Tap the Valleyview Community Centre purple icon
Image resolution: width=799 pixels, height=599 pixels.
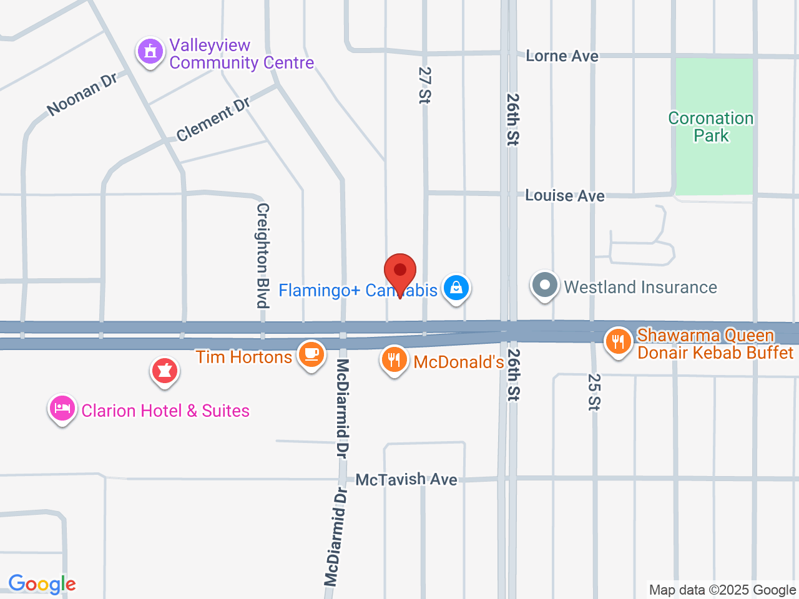tap(150, 52)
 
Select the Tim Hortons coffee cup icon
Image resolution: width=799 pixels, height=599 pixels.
tap(311, 354)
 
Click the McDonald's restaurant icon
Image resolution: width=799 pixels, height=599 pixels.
tap(395, 360)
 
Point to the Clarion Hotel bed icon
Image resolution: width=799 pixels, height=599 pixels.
tap(62, 409)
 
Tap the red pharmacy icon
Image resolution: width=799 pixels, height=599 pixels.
tap(165, 371)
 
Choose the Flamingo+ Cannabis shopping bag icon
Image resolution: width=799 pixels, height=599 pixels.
tap(456, 288)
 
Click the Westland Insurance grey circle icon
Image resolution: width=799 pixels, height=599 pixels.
tap(545, 285)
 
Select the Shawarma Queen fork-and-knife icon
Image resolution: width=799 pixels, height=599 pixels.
tap(619, 341)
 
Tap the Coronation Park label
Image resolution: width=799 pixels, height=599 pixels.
tap(711, 127)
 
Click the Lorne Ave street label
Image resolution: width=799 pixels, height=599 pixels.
tap(562, 56)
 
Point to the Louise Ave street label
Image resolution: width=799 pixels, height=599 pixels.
tap(564, 196)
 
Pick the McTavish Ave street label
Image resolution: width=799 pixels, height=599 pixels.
tap(406, 479)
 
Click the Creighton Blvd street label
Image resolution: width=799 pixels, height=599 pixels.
tap(263, 255)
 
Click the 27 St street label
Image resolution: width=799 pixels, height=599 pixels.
tap(425, 85)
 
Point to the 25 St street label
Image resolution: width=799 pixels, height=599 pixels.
tap(594, 392)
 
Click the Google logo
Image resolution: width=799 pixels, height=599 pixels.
tap(42, 584)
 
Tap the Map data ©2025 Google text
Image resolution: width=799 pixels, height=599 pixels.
tap(722, 590)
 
